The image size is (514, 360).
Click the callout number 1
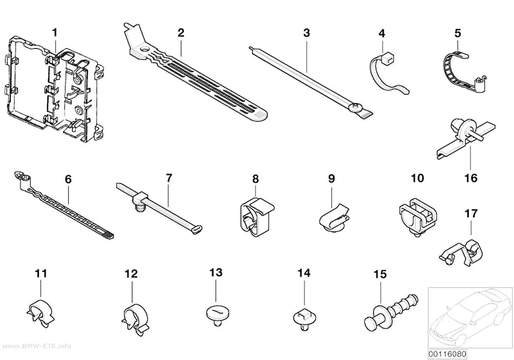tap(55, 33)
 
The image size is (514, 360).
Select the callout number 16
tap(471, 178)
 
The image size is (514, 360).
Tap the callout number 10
tap(417, 178)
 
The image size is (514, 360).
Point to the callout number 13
tap(216, 273)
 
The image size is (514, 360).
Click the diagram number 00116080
tap(447, 354)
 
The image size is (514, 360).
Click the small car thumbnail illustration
tap(470, 317)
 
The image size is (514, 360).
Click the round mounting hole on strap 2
tap(143, 50)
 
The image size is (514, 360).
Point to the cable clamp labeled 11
tap(40, 313)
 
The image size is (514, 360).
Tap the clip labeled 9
tap(334, 218)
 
